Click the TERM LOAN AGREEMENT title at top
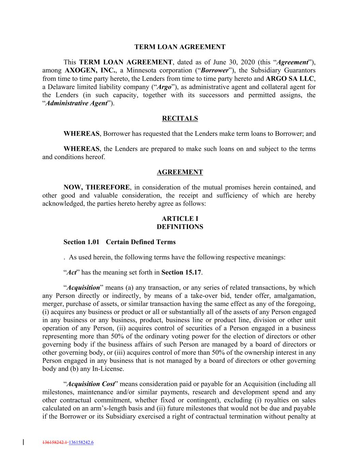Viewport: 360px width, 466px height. [180, 47]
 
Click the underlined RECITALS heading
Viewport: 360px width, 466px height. [180, 118]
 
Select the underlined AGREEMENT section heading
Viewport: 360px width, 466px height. [180, 172]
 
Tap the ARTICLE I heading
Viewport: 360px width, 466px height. [180, 219]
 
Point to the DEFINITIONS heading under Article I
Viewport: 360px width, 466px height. [180, 227]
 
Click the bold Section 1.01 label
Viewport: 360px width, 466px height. [81, 242]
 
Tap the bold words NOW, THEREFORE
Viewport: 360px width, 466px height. [97, 187]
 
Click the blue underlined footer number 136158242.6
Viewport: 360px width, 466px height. [81, 443]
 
